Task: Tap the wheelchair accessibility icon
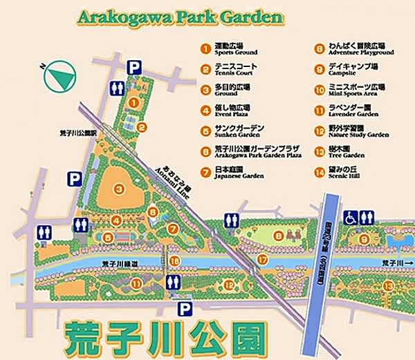(350, 217)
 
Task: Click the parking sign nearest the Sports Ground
(136, 67)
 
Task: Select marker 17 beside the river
(261, 259)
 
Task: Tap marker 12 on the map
(229, 284)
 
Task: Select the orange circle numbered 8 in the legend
(320, 48)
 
